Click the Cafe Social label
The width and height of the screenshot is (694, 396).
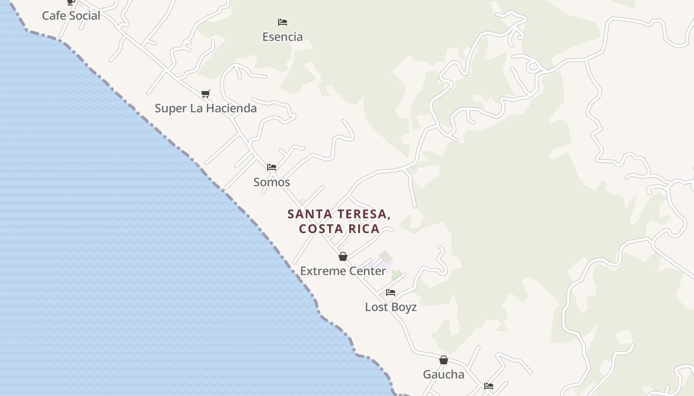coord(71,16)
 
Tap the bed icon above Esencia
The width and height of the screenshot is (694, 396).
coord(283,22)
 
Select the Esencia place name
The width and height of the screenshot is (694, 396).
coord(283,37)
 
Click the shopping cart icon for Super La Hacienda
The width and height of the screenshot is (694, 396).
coord(206,94)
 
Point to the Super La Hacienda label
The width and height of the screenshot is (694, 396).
coord(206,108)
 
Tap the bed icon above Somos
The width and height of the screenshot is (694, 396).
coord(272,167)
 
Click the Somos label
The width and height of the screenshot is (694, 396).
coord(272,182)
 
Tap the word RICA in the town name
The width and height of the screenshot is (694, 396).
coord(366,229)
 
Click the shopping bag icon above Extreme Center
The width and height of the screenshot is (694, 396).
coord(343,256)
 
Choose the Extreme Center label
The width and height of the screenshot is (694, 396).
coord(343,271)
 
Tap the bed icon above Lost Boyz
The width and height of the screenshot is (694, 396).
coord(391,293)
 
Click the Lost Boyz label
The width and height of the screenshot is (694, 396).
coord(391,307)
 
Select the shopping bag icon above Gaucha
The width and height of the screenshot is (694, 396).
coord(444,360)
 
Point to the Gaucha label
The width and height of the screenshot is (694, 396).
coord(444,375)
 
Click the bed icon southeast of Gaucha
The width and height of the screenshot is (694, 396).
coord(489,386)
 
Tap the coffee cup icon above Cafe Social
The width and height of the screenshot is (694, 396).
coord(71,2)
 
